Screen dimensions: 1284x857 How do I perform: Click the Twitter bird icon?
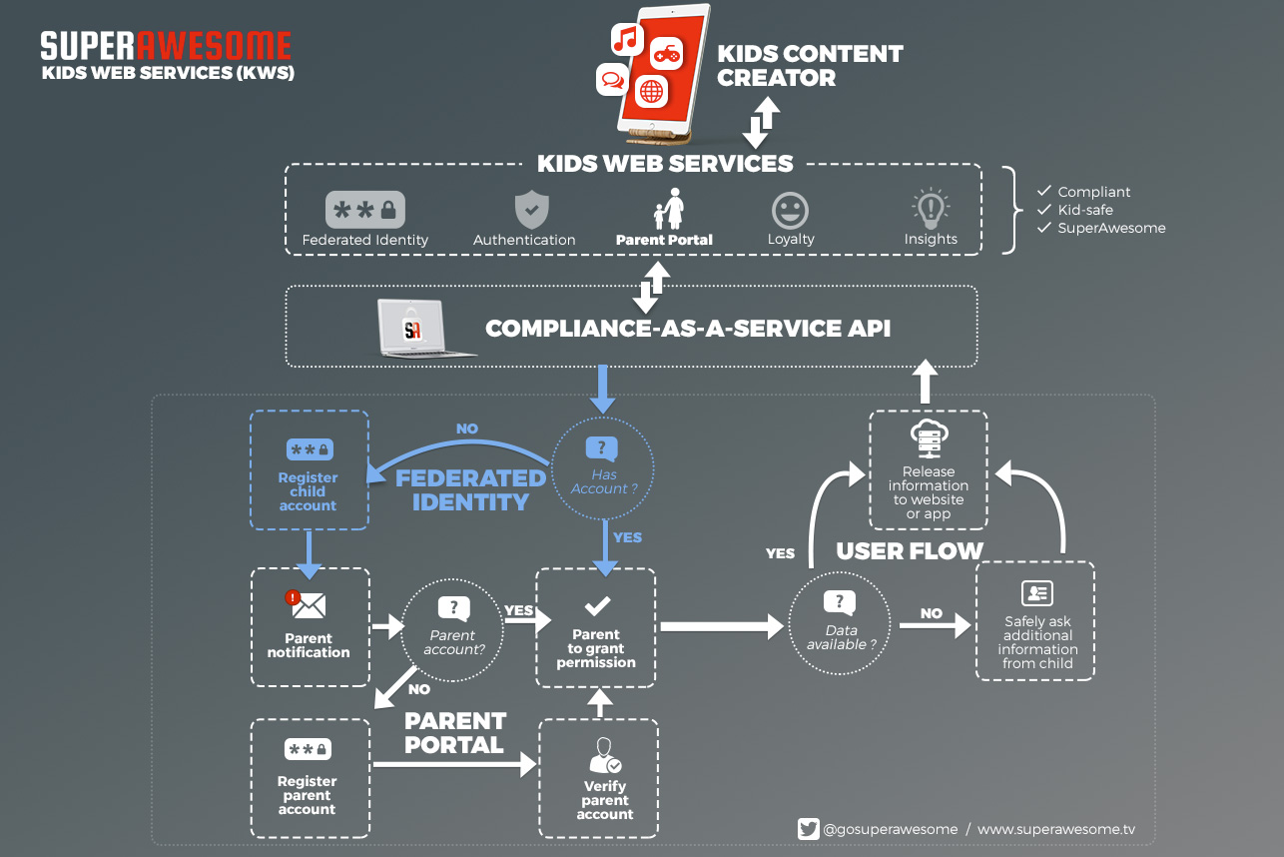(808, 829)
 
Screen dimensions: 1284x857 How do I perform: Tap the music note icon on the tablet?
(626, 39)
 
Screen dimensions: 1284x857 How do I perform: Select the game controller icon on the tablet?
(667, 54)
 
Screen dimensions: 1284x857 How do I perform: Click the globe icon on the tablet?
(652, 91)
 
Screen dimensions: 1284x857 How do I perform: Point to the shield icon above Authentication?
(531, 210)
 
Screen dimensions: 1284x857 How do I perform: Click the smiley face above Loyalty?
(790, 211)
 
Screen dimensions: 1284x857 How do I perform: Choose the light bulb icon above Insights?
(931, 208)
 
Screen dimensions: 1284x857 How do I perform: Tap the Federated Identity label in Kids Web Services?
(365, 240)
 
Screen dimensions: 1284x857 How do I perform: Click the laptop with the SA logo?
(423, 328)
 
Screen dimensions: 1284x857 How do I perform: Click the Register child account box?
(309, 469)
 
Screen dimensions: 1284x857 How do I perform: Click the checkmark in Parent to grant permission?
(597, 605)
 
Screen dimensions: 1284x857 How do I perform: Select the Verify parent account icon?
(605, 755)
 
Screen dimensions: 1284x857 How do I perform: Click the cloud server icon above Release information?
(929, 438)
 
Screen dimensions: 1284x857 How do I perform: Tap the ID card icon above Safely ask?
(1037, 593)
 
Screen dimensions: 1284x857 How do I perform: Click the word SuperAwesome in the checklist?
(1111, 228)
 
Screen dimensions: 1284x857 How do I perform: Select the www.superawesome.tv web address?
(1056, 829)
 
